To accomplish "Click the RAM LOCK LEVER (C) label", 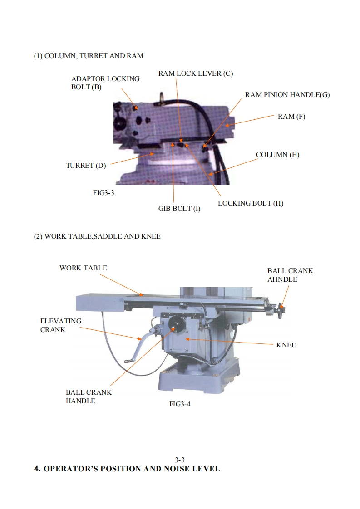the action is [x=196, y=73].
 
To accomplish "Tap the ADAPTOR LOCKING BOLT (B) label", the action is [x=105, y=83].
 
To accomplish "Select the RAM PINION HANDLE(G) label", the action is [x=287, y=95].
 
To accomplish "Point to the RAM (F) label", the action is [x=291, y=117].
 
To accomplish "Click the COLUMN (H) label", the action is [x=277, y=155].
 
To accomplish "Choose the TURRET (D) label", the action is [x=86, y=166].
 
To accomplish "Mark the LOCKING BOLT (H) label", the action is [x=251, y=203].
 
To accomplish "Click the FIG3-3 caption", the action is [x=104, y=192].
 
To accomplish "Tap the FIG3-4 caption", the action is [x=180, y=404].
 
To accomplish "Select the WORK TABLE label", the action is [x=83, y=268].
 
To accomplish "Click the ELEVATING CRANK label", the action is [x=61, y=325].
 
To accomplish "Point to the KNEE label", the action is [x=286, y=345].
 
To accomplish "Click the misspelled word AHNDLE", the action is [x=282, y=279].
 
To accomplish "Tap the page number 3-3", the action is [x=180, y=460].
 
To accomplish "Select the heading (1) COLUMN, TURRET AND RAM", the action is [x=89, y=56].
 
